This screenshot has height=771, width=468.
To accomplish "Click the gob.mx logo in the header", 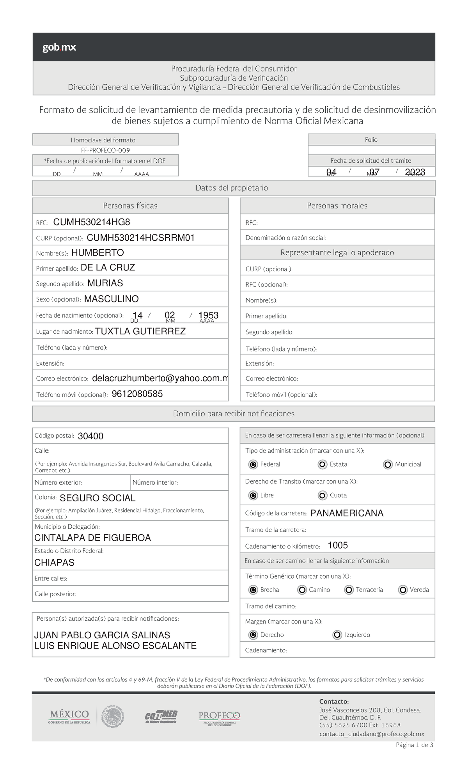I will [59, 48].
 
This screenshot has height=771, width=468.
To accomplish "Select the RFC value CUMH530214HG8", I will [92, 222].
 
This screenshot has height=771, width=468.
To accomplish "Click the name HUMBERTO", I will [97, 253].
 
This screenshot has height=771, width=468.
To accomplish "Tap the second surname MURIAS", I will [105, 283].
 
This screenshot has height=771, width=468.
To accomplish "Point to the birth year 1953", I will [208, 315].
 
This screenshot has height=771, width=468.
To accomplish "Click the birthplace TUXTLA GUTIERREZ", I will [140, 332].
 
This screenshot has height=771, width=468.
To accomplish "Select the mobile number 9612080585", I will [137, 394].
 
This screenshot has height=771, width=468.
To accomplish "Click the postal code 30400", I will [90, 436].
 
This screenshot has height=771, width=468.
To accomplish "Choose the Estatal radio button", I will [323, 464].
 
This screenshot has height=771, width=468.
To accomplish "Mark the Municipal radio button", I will [388, 464].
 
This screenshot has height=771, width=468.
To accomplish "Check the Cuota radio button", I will [323, 495].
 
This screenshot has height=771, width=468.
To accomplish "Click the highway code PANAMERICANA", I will [347, 513].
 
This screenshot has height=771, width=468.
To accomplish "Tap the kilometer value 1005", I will [338, 545].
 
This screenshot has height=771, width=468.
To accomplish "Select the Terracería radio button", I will [349, 590].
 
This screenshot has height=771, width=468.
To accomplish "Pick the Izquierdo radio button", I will [337, 635].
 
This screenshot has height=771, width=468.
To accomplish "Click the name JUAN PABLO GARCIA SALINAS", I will [102, 635].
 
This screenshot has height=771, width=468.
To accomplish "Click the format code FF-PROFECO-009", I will [105, 150].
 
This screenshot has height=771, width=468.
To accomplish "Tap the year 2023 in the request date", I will [415, 172].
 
